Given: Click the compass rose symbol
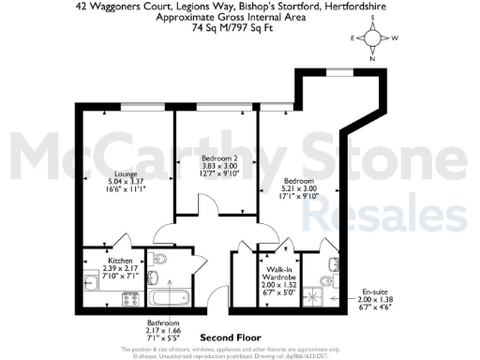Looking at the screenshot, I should pos(374,38).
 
